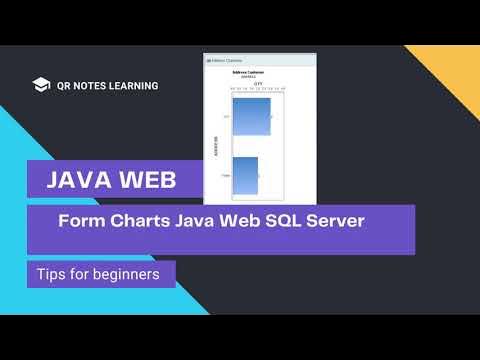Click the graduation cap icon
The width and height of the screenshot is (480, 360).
pos(41,86)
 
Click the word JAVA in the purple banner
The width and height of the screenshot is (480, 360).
pos(79,181)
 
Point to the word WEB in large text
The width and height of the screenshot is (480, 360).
pos(147,181)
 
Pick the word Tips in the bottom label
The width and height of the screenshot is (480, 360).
pos(51,273)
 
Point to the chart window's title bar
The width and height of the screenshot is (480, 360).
pos(259,60)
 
